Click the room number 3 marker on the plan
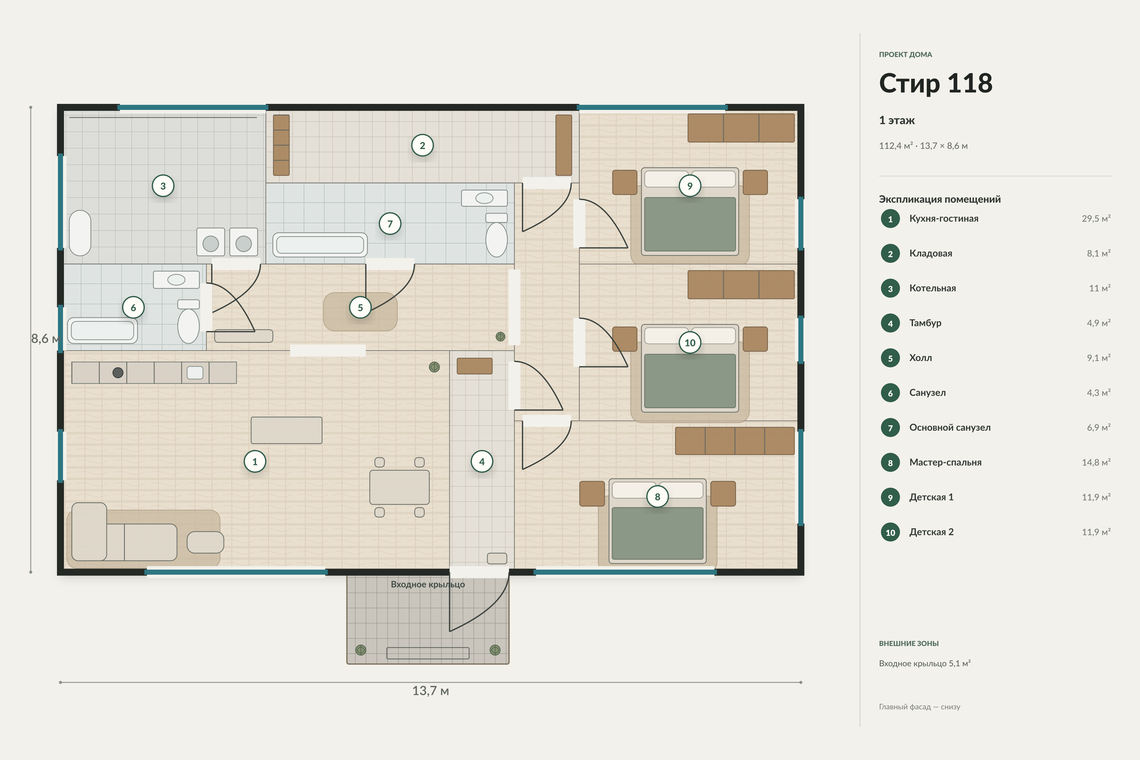(163, 186)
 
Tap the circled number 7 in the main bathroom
(390, 224)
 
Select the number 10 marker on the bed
(690, 343)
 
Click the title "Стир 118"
(935, 83)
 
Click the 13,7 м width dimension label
(430, 691)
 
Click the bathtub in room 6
(102, 331)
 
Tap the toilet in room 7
(496, 235)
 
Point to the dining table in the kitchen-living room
(399, 487)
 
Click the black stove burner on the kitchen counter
(118, 373)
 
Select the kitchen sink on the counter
(195, 373)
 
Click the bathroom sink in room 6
(176, 280)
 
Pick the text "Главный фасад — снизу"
(920, 707)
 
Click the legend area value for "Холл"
(1098, 358)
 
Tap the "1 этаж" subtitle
(897, 120)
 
